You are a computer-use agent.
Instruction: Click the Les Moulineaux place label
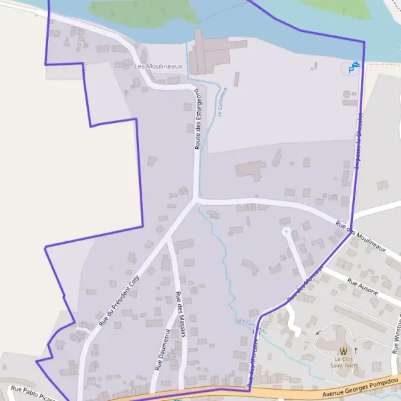158,67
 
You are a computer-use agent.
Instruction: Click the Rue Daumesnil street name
160,353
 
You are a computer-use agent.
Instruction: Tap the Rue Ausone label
363,289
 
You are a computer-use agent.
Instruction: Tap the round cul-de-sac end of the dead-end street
287,232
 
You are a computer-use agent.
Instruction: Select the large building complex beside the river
209,53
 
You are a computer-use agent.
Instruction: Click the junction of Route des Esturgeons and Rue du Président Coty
196,200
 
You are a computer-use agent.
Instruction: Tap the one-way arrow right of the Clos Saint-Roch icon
356,350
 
